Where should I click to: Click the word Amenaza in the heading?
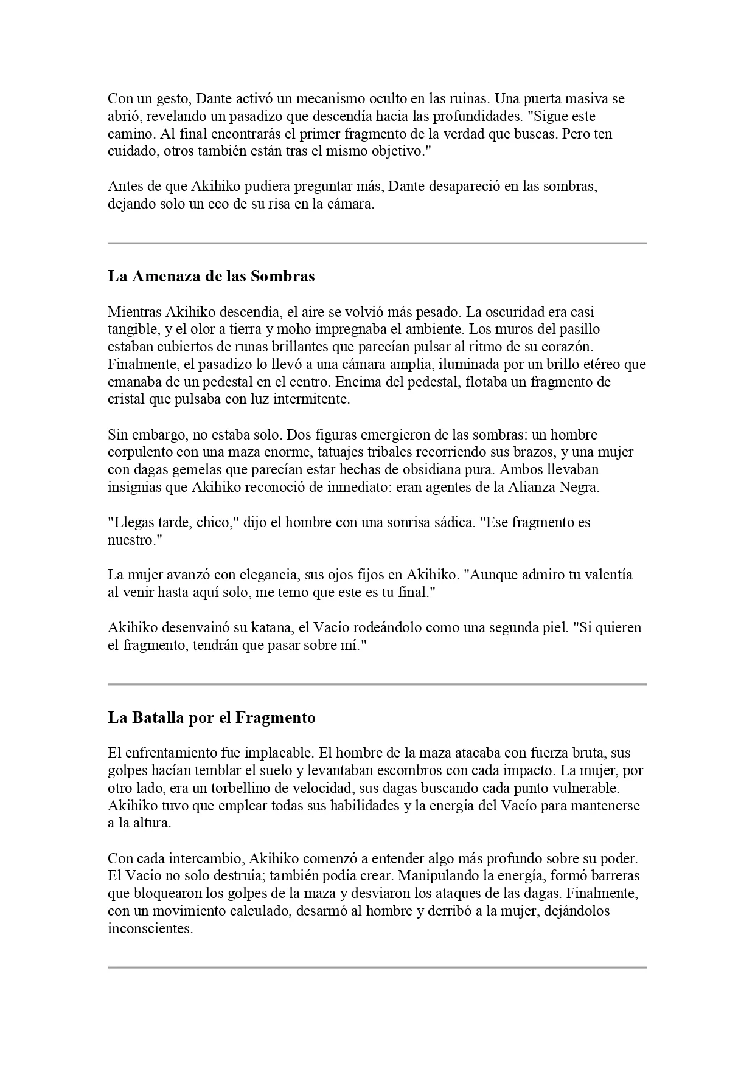pyautogui.click(x=166, y=277)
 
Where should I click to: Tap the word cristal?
pyautogui.click(x=128, y=399)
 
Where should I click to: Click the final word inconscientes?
pyautogui.click(x=150, y=930)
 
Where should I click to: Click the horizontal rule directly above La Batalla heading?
pyautogui.click(x=377, y=685)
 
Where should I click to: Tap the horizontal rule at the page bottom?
pyautogui.click(x=377, y=967)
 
